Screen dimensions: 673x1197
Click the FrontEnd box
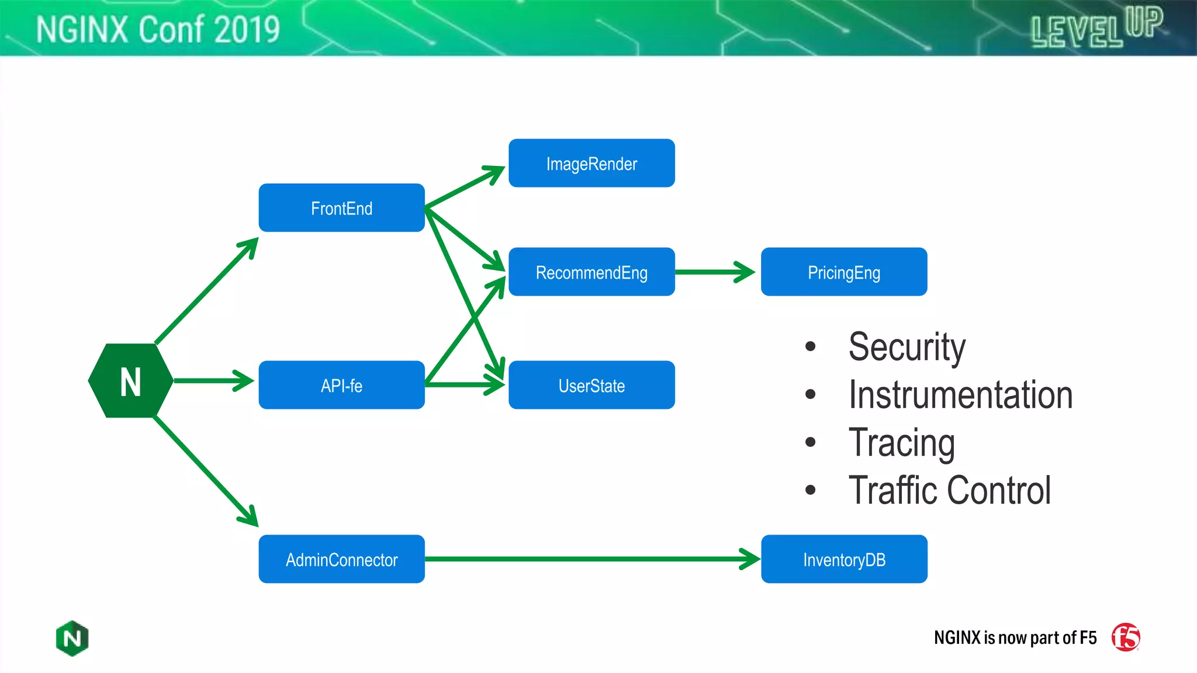[341, 208]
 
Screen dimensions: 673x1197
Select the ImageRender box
[591, 164]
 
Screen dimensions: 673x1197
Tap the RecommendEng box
[591, 272]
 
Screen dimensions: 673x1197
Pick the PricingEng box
[843, 272]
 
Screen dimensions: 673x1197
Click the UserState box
[591, 386]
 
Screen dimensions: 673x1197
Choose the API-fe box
[341, 386]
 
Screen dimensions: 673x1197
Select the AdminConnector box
[341, 560]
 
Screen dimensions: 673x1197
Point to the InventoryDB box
[843, 560]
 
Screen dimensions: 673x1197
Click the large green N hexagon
[130, 381]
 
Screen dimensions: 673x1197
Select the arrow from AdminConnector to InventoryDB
[590, 559]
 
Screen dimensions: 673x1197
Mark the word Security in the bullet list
[907, 347]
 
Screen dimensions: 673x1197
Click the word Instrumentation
[960, 395]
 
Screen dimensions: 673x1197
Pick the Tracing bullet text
[901, 443]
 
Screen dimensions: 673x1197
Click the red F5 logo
[1126, 637]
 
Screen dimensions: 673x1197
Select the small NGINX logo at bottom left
[72, 638]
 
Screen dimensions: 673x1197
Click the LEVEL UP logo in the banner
[1096, 28]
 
